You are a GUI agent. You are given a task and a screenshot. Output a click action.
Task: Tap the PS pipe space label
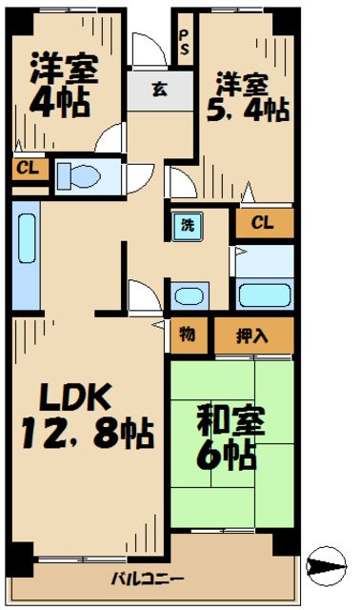pos(184,41)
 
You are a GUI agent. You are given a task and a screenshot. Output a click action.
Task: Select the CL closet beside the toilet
pos(26,170)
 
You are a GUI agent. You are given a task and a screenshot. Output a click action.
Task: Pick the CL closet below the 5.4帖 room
pos(264,223)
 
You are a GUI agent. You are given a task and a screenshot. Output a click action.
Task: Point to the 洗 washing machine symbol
pos(187,226)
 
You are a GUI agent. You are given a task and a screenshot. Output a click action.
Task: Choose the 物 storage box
pos(188,335)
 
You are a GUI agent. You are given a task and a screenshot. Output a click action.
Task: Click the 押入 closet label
pos(251,335)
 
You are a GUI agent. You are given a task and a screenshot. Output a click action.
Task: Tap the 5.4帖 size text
pos(250,110)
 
